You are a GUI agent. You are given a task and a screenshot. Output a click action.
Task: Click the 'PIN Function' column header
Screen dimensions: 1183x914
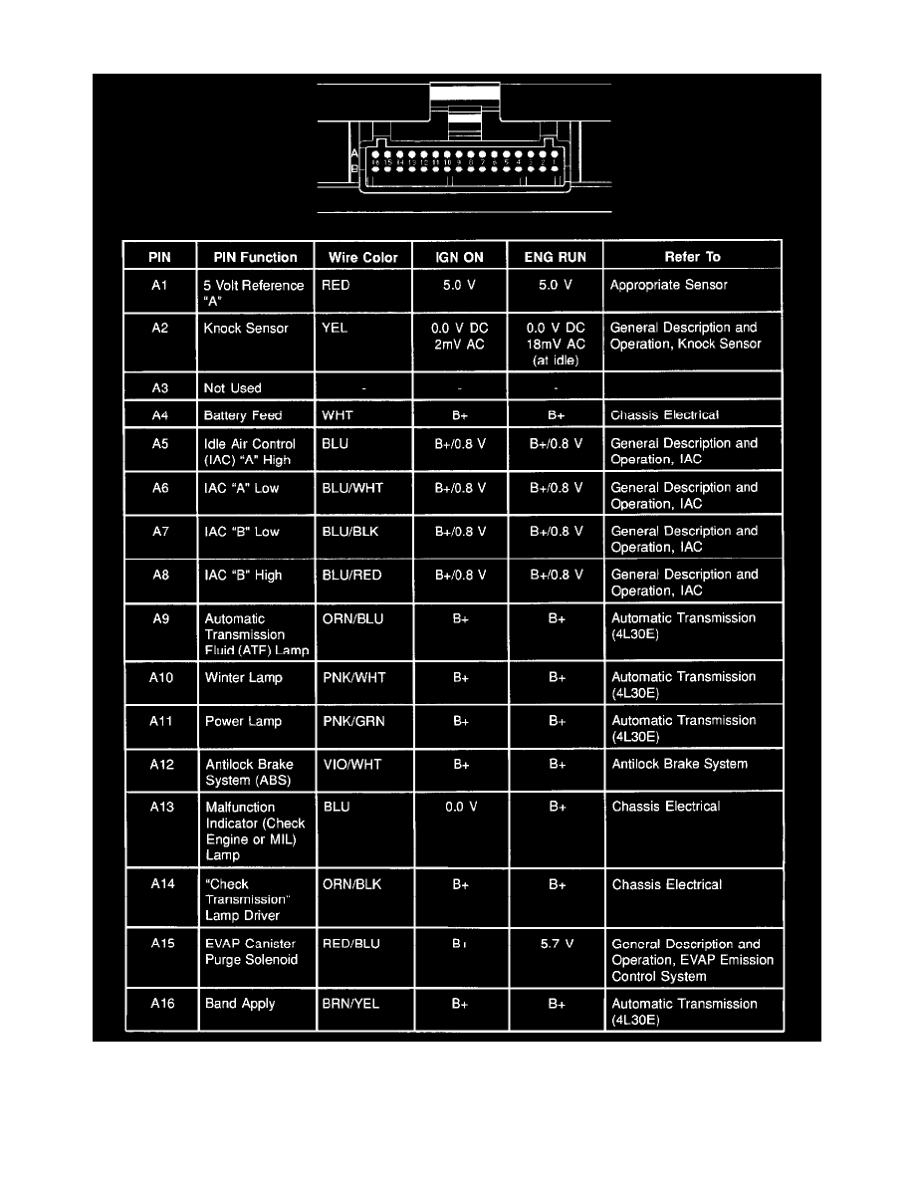point(255,257)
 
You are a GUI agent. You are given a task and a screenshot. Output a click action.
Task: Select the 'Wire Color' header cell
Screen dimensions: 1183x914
point(362,257)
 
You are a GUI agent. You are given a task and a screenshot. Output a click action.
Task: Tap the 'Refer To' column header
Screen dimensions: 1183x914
point(692,257)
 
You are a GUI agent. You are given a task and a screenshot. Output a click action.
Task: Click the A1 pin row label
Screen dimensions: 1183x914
point(160,285)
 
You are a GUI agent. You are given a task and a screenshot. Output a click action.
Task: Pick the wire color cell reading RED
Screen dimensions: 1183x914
point(337,285)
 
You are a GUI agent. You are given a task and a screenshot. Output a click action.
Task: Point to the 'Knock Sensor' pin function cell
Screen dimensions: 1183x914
point(246,328)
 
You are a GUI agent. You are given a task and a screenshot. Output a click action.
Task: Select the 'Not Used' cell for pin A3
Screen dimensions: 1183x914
point(232,388)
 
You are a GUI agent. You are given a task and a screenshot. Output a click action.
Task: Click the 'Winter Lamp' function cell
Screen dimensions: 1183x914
point(243,678)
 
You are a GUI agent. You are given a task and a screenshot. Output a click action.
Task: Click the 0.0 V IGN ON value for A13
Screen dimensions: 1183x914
point(460,808)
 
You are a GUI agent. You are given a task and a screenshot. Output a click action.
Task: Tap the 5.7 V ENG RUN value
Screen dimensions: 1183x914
point(557,944)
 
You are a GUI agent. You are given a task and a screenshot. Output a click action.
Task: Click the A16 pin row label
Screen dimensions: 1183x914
point(160,1004)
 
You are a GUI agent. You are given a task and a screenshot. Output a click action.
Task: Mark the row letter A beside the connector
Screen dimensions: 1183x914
point(354,155)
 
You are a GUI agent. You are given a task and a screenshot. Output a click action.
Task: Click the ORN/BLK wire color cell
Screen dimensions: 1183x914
point(351,884)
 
